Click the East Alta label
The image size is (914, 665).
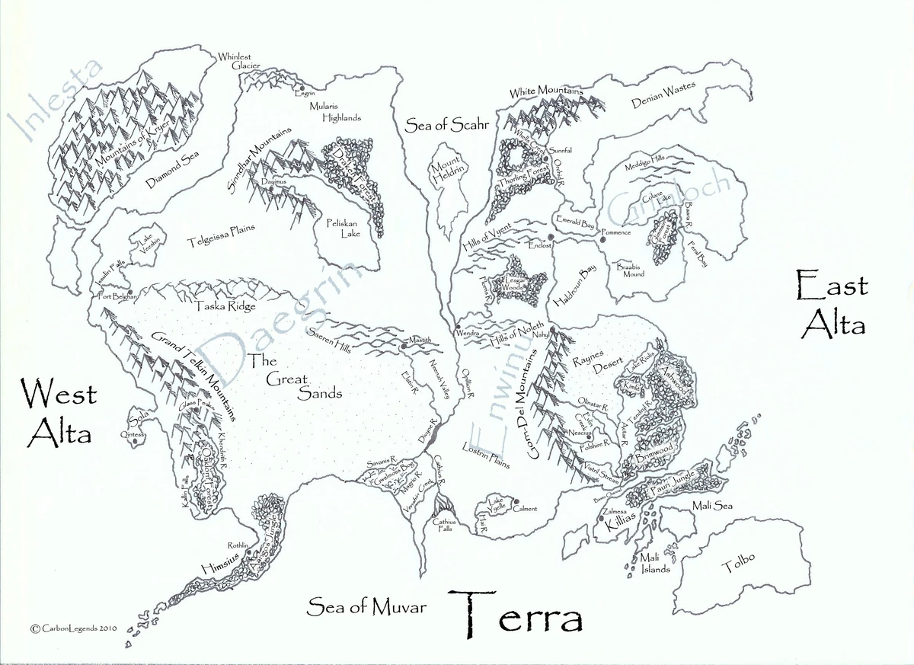(831, 305)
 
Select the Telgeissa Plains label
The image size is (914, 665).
(221, 236)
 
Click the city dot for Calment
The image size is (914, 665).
(516, 501)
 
